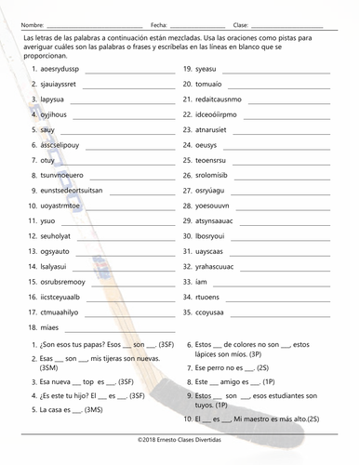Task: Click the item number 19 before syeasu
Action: click(187, 70)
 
